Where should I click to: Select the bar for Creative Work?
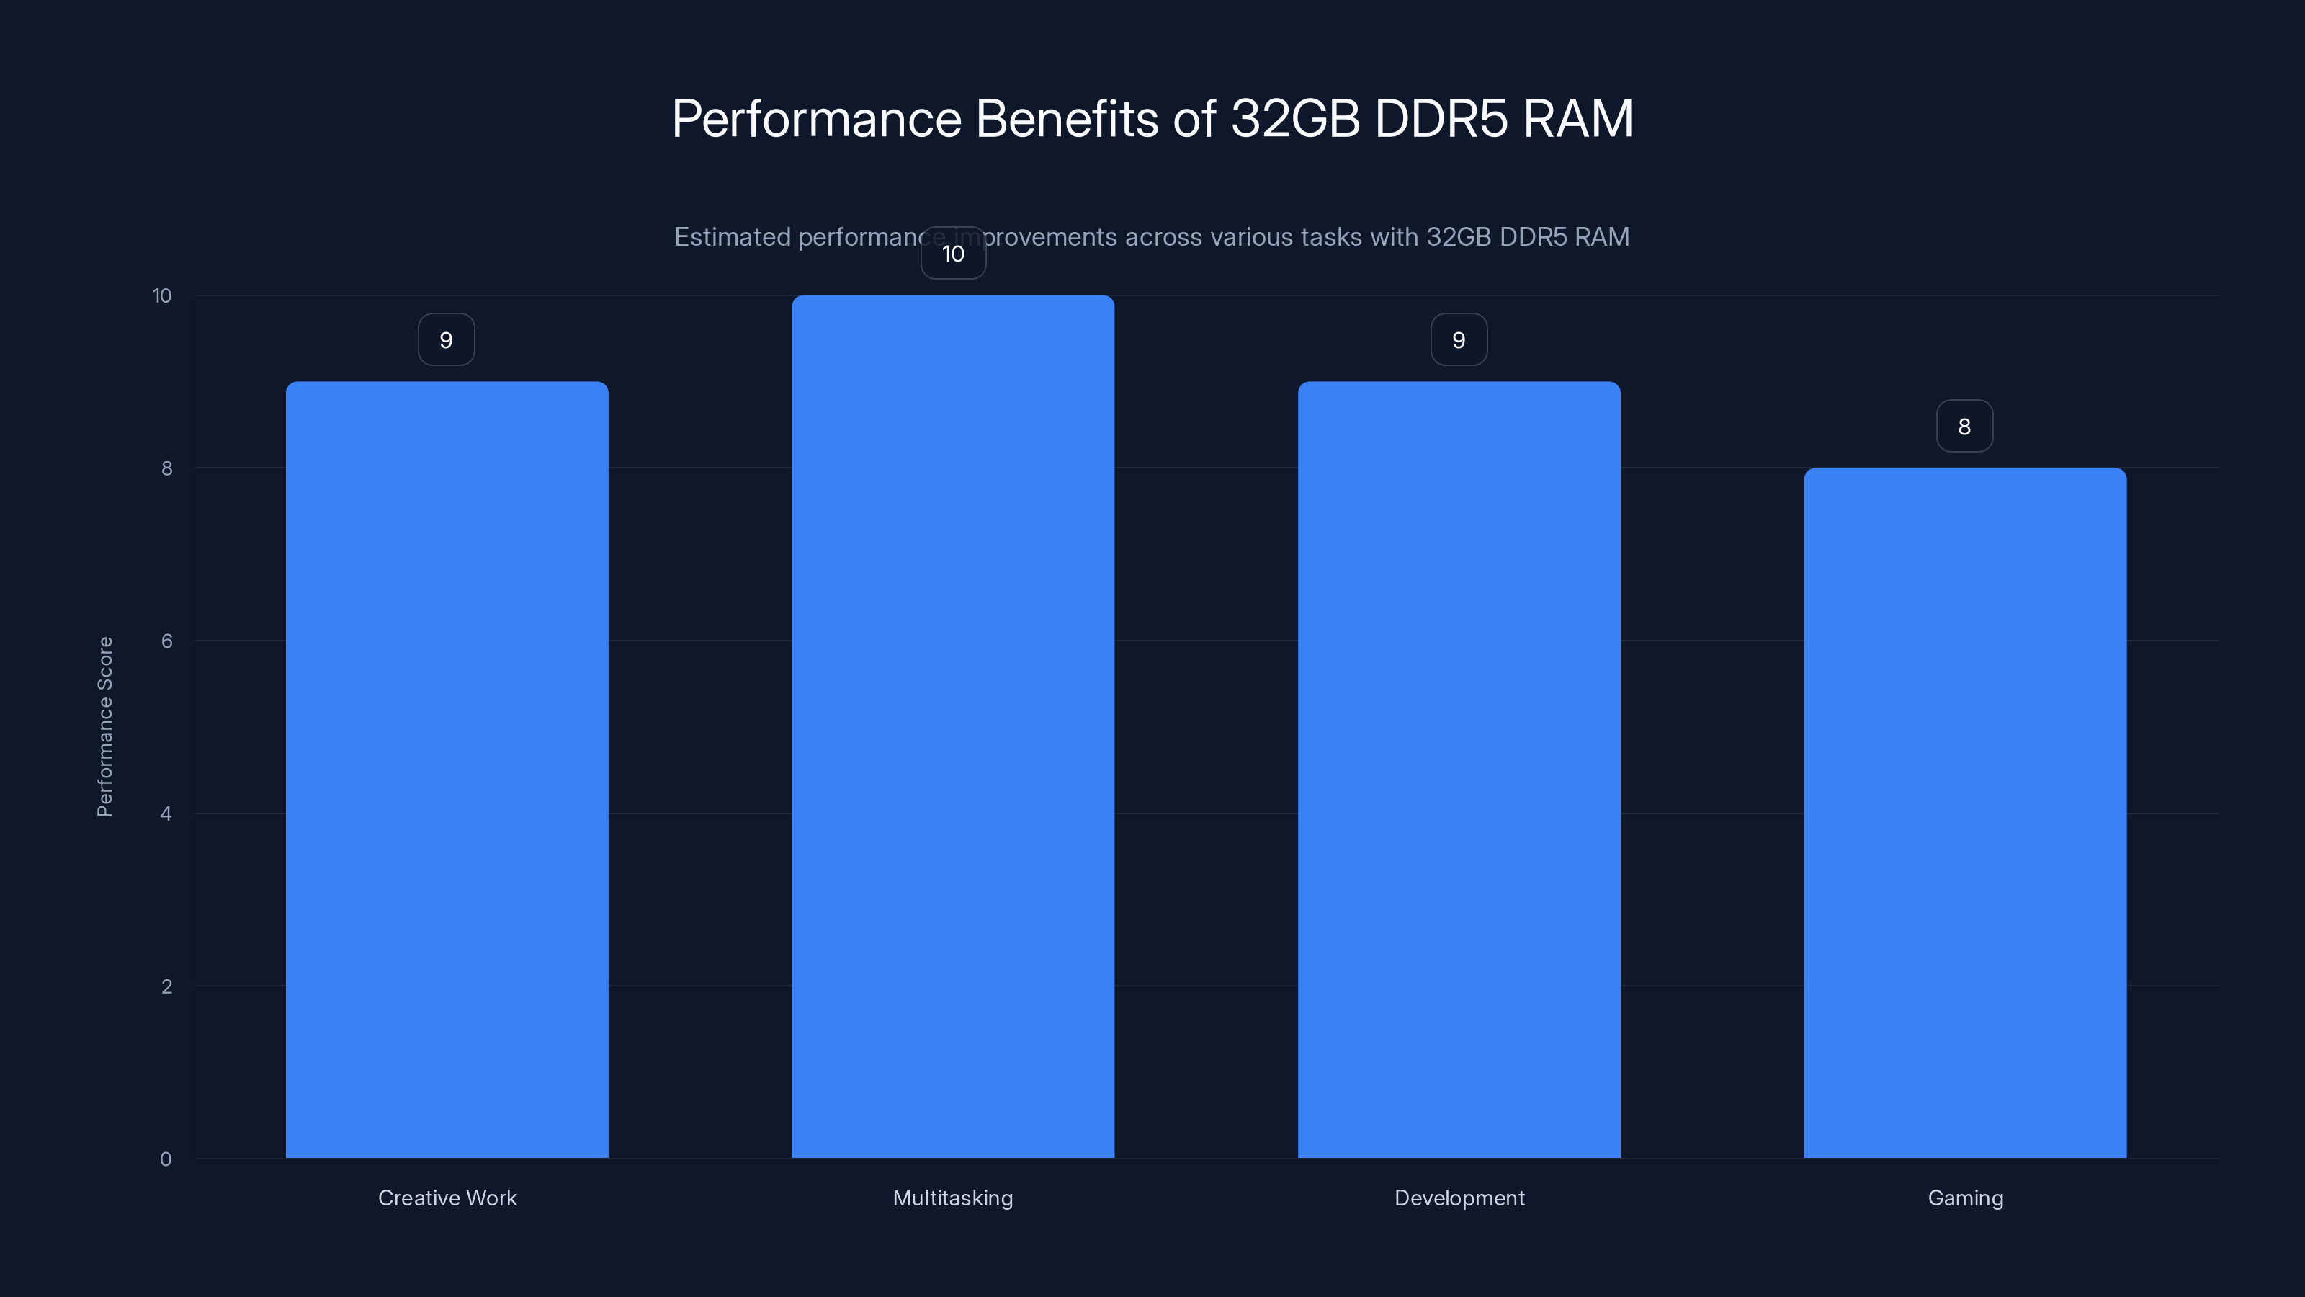click(x=447, y=770)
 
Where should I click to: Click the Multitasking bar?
click(x=953, y=726)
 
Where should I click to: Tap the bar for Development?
click(x=1459, y=770)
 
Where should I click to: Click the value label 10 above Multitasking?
click(x=953, y=254)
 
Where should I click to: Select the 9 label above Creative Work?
click(x=447, y=340)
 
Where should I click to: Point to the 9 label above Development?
click(x=1459, y=340)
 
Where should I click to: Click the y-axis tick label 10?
click(x=162, y=296)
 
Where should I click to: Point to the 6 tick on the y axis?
click(x=166, y=641)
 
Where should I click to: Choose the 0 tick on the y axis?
click(x=166, y=1159)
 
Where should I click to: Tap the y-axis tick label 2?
click(x=166, y=986)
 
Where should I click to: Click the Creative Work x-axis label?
click(x=447, y=1198)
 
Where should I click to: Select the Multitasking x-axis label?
click(x=953, y=1198)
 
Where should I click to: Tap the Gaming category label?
click(x=1965, y=1198)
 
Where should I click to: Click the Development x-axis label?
click(x=1459, y=1198)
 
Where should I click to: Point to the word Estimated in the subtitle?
click(x=732, y=237)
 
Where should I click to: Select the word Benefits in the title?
click(x=1068, y=118)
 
